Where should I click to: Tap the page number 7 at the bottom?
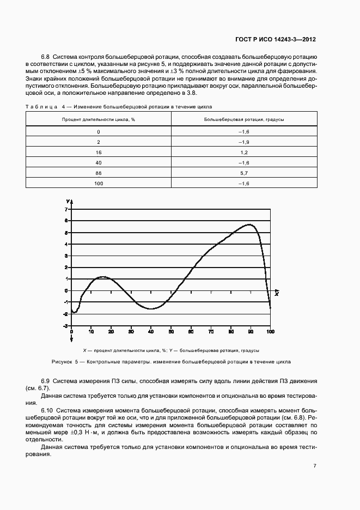coord(315,466)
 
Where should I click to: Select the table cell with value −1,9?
coord(243,142)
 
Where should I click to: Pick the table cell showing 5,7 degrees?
coord(243,173)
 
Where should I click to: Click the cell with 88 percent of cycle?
coord(99,173)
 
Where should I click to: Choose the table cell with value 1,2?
coord(243,152)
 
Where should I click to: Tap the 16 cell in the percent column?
coord(99,152)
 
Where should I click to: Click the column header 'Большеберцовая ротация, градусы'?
coord(243,119)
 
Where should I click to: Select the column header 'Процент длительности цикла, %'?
coord(99,119)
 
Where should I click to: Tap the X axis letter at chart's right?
coord(277,294)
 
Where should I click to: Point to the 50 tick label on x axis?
coord(171,331)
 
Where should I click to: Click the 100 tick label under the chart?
coord(270,331)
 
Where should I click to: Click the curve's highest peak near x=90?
coord(250,224)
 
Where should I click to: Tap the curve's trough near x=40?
coord(151,309)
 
